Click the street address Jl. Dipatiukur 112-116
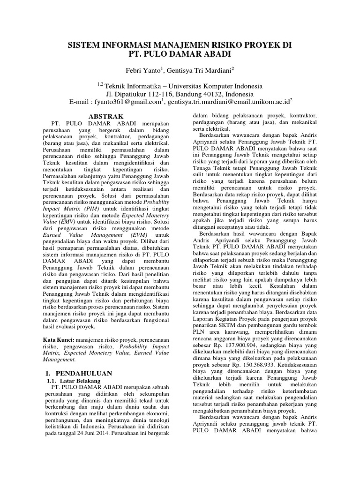pyautogui.click(x=140, y=93)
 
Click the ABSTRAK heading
pyautogui.click(x=106, y=116)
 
